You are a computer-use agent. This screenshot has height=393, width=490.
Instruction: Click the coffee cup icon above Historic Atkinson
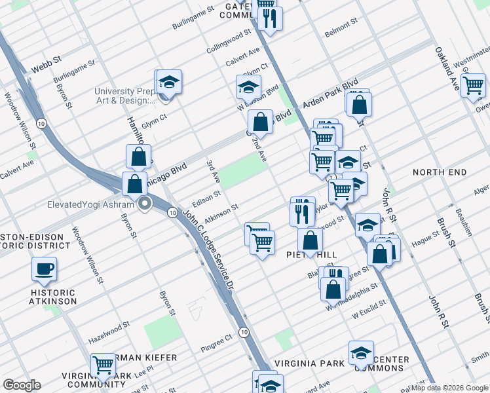44,269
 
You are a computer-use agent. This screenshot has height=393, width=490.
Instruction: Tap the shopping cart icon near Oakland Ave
472,85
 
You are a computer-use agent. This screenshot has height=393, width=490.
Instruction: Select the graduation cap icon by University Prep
169,82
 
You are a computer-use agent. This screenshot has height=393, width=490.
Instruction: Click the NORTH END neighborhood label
440,172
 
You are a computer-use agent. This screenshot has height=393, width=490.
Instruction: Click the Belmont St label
341,22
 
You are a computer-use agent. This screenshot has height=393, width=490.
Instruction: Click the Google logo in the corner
22,385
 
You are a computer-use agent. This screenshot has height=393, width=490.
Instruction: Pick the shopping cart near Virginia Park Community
103,365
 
